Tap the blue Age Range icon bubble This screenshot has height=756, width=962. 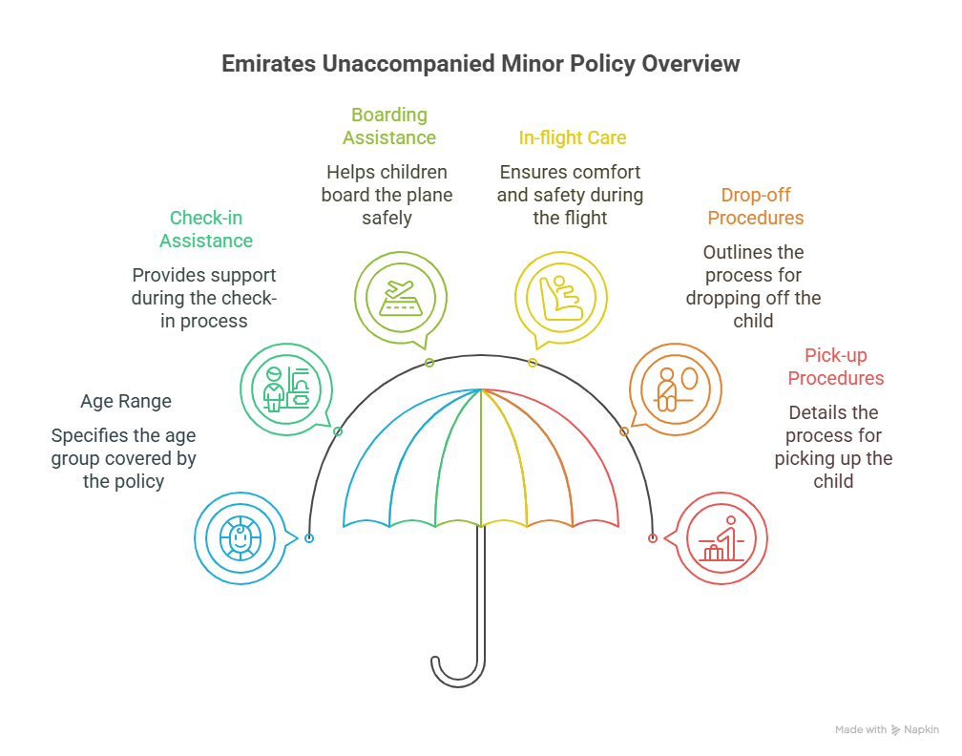(240, 538)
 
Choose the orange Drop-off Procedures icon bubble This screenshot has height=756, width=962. (676, 387)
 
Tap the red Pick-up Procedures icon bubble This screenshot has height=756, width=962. (721, 538)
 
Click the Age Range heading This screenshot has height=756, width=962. (126, 401)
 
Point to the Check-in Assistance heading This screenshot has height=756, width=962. (206, 229)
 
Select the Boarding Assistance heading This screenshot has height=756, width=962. (389, 126)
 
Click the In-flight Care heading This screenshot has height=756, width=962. (573, 137)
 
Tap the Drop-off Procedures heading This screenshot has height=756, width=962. (755, 206)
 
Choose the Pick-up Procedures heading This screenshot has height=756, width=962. (835, 367)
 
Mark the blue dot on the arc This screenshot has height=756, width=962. (309, 538)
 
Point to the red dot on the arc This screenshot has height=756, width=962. (653, 538)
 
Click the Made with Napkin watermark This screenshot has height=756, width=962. (887, 729)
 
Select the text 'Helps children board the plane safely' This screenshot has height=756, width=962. (387, 195)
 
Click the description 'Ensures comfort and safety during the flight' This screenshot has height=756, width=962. (570, 195)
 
